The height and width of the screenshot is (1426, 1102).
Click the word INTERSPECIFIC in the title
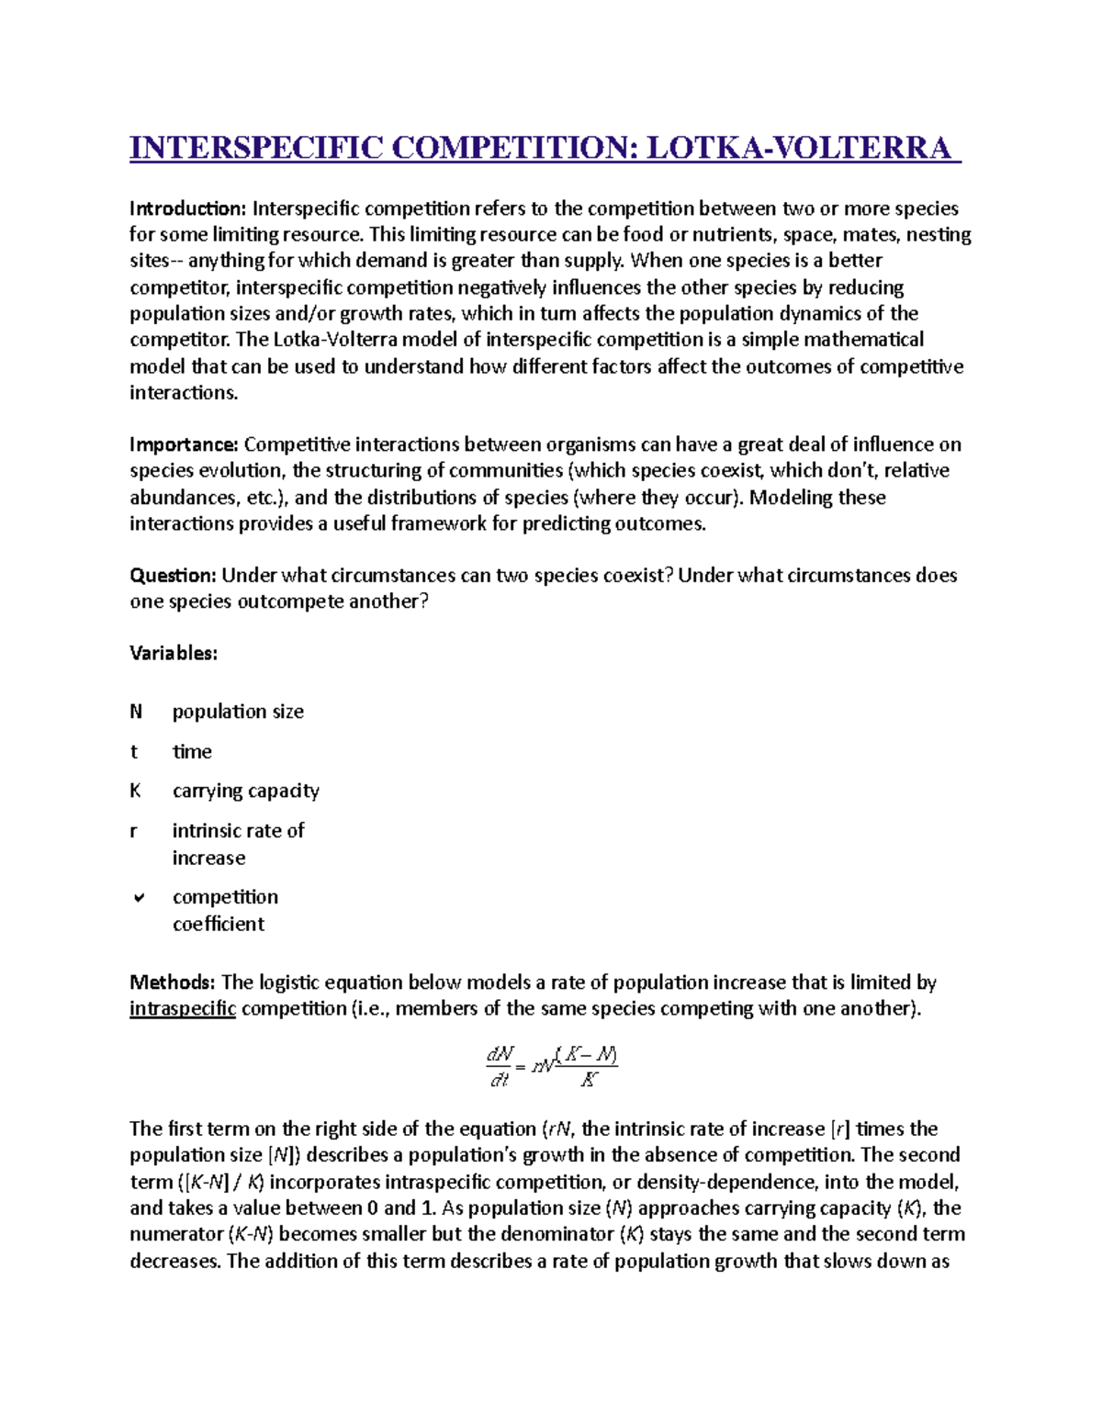[255, 148]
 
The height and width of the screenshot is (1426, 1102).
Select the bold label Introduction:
[188, 208]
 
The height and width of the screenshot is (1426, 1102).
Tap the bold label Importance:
[184, 444]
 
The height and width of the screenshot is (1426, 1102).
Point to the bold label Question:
[173, 576]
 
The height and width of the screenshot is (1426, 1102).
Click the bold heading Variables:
[174, 654]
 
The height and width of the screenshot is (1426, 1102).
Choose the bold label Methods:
[173, 982]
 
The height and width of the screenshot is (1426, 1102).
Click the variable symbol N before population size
[136, 712]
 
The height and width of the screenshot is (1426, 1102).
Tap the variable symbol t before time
[134, 752]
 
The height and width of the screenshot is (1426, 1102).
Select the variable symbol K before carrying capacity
[136, 791]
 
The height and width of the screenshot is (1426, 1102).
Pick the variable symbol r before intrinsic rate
[134, 831]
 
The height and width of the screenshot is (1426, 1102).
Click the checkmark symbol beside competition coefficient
[138, 897]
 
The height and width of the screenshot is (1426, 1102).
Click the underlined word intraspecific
[183, 1009]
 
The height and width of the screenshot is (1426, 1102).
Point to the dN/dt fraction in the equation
[500, 1066]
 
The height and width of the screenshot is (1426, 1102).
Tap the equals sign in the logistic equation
[521, 1067]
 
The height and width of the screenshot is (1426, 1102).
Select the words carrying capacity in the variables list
[246, 791]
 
